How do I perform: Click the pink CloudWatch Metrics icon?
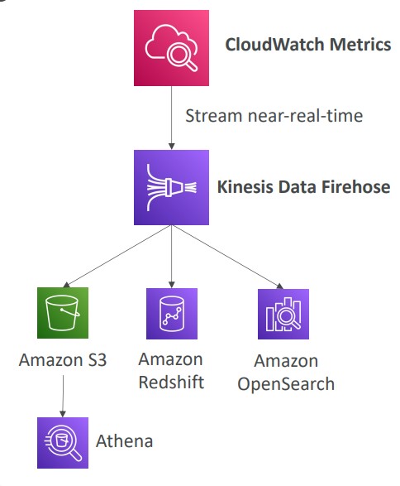pyautogui.click(x=171, y=48)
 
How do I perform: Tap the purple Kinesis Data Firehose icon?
pyautogui.click(x=171, y=187)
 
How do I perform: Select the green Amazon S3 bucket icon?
pyautogui.click(x=63, y=313)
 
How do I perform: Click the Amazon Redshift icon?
pyautogui.click(x=172, y=314)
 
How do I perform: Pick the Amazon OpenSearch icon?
pyautogui.click(x=283, y=314)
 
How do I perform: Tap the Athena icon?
pyautogui.click(x=63, y=443)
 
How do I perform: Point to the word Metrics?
pyautogui.click(x=360, y=45)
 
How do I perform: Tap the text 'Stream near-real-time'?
pyautogui.click(x=274, y=116)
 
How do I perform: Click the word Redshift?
pyautogui.click(x=171, y=383)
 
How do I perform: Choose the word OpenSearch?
pyautogui.click(x=286, y=384)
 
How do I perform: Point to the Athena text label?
pyautogui.click(x=124, y=441)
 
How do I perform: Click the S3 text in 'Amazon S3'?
pyautogui.click(x=98, y=360)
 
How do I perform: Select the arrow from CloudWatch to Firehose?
pyautogui.click(x=171, y=118)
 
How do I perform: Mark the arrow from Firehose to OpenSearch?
pyautogui.click(x=227, y=257)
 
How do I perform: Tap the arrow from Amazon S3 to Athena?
pyautogui.click(x=63, y=396)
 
